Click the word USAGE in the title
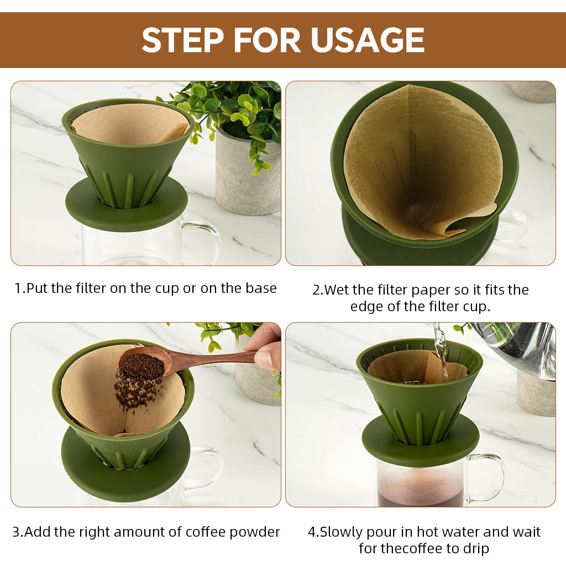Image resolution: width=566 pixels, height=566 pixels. tap(367, 40)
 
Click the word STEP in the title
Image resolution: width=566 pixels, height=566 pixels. tap(183, 40)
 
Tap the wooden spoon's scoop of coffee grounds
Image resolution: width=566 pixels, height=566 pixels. tap(141, 366)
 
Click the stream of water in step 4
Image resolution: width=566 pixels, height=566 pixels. tap(441, 348)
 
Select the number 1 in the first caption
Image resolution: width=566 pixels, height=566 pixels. tap(18, 288)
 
